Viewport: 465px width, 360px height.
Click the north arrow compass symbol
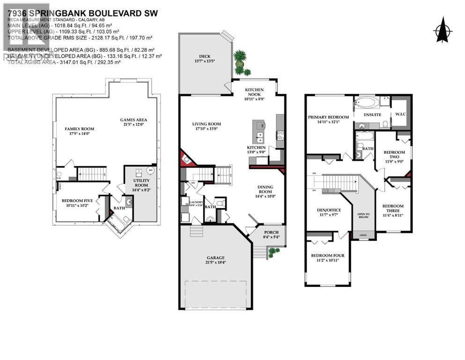[440, 29]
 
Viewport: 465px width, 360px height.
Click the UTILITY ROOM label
[141, 183]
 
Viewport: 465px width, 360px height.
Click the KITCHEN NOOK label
[254, 92]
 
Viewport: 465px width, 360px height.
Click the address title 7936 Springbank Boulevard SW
[82, 13]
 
